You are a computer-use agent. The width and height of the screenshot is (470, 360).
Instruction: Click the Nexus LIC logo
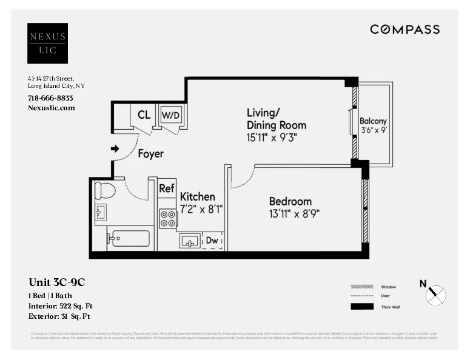point(47,43)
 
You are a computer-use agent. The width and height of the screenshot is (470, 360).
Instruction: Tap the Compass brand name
point(405,29)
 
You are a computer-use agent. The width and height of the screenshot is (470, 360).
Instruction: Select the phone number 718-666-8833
point(50,98)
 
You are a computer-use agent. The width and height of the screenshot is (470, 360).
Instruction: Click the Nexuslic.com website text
point(52,107)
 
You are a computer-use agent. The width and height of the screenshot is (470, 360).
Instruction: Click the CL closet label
point(144,115)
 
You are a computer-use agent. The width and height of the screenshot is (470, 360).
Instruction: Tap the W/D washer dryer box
point(170,115)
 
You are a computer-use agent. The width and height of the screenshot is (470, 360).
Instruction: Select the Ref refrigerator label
point(167,188)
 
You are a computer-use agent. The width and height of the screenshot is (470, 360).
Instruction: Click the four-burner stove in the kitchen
point(167,218)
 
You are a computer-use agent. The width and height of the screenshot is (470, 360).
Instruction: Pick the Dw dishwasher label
point(212,241)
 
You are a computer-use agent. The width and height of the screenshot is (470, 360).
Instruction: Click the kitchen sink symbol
point(190,241)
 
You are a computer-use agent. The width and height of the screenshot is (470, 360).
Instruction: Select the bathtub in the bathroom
point(129,238)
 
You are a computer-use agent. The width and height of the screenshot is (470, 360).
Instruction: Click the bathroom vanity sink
point(101,212)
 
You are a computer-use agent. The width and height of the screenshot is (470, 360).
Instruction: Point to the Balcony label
point(373,121)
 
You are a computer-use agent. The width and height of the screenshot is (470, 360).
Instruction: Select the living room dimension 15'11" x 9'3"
point(272,138)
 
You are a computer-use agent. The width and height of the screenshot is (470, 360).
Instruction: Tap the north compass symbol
point(435,295)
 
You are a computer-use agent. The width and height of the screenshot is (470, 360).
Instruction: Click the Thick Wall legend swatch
point(362,307)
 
